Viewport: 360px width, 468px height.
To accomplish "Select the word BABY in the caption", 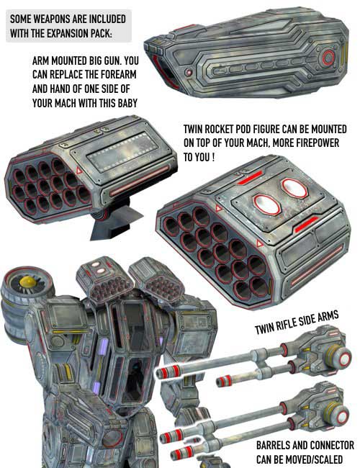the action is point(127,103).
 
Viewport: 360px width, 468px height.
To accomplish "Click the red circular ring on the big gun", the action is point(328,58).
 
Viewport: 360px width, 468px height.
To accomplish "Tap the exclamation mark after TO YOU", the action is point(213,157).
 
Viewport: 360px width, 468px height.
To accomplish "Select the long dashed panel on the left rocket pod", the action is point(122,152).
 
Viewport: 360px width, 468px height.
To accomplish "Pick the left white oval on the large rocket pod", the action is point(266,204).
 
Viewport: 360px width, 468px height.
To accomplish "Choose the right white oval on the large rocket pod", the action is point(294,189).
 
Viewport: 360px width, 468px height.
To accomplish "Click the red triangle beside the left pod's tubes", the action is point(79,171).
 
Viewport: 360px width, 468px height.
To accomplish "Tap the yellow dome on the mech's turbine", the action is point(27,281).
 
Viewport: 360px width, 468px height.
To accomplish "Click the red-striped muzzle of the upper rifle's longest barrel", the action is point(168,372).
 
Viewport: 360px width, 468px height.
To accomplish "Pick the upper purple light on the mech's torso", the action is point(104,347).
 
